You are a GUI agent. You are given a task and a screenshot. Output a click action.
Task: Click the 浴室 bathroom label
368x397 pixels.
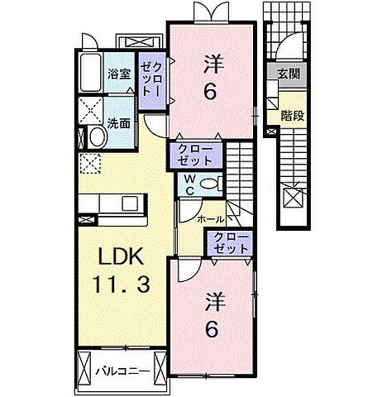click(x=119, y=74)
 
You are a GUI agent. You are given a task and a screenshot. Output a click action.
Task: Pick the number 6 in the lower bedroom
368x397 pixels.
click(x=212, y=328)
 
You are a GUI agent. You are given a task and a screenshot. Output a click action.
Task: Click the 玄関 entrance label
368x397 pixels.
click(x=289, y=73)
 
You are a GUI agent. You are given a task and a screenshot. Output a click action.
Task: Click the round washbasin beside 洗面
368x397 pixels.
click(x=95, y=138)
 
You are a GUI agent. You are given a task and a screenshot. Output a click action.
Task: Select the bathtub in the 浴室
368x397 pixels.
click(x=90, y=76)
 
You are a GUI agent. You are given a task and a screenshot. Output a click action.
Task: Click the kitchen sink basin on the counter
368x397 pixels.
click(x=130, y=203)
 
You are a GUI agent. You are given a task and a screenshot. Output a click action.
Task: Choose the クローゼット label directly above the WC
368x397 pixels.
click(x=195, y=155)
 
